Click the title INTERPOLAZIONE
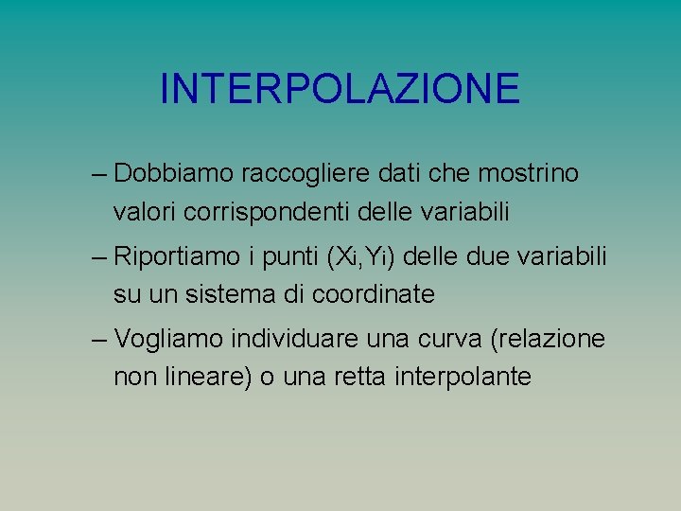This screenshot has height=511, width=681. click(340, 89)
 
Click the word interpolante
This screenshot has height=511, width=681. click(464, 377)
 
